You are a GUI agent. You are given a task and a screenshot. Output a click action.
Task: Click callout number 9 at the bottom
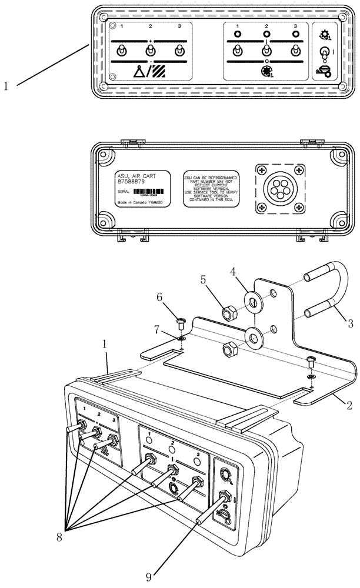click(148, 577)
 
